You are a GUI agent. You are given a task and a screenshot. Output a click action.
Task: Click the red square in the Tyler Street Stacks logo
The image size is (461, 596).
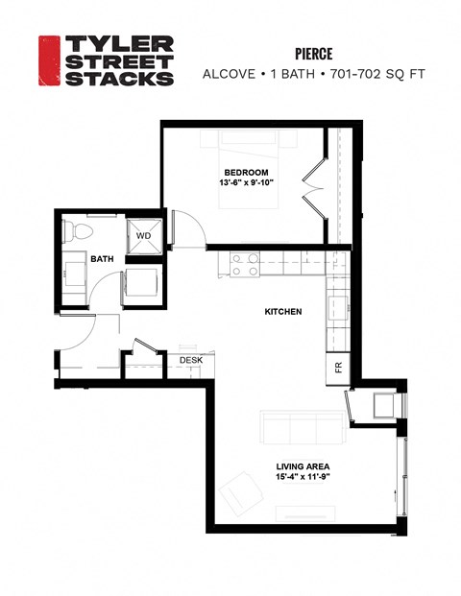click(48, 60)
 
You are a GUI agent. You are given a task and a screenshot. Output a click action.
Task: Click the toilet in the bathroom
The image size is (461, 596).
click(76, 231)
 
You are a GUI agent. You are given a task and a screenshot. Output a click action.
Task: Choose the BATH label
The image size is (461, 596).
click(102, 259)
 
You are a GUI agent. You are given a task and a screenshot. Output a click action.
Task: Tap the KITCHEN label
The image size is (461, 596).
click(283, 312)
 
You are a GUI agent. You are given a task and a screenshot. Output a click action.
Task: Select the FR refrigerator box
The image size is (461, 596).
click(338, 367)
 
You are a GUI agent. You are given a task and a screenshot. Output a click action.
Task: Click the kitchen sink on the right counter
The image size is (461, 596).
click(338, 309)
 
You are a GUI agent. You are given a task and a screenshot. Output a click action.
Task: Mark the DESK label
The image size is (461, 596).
click(191, 361)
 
